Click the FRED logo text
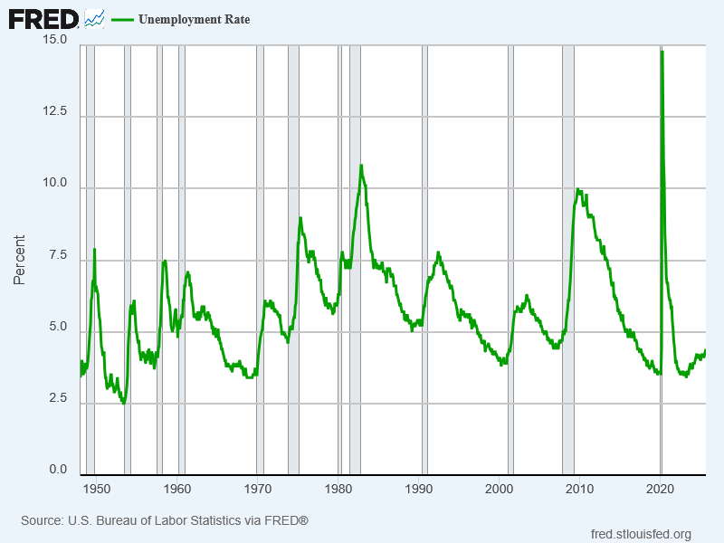coord(43,19)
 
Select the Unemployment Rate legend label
coord(194,20)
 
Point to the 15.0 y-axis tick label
coord(54,42)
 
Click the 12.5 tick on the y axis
coord(54,111)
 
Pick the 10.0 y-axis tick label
coord(54,184)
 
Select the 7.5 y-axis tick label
coord(58,255)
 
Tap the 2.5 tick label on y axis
coord(58,398)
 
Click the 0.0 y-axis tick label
coord(58,470)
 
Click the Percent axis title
coord(19,260)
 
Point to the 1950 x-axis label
coord(96,490)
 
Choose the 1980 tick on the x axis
coord(338,490)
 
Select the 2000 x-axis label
coord(500,490)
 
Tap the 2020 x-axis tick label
coord(661,490)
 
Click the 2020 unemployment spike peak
coord(662,52)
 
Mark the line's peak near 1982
coord(361,166)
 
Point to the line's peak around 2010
coord(578,189)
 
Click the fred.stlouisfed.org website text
coord(640,534)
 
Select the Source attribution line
coord(165,520)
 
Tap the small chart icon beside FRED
coord(94,18)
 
